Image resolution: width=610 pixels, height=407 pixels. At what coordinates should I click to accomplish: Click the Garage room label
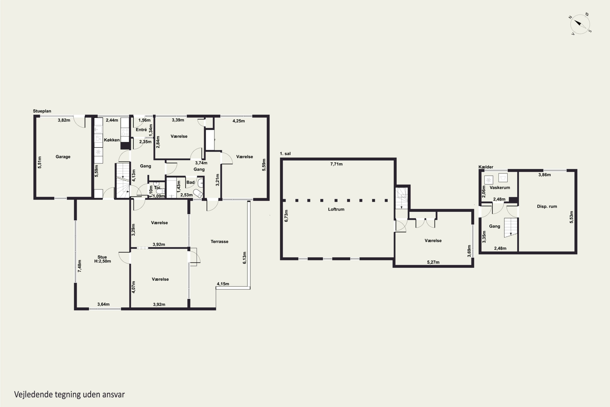pyautogui.click(x=63, y=157)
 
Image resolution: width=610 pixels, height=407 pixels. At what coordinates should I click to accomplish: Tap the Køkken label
pyautogui.click(x=112, y=140)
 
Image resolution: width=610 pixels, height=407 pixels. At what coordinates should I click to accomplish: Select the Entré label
pyautogui.click(x=141, y=129)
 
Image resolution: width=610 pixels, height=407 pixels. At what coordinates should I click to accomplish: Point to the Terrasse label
pyautogui.click(x=219, y=242)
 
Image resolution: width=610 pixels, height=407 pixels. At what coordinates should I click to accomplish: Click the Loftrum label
pyautogui.click(x=336, y=209)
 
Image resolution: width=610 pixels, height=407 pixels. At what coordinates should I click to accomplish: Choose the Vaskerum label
pyautogui.click(x=500, y=188)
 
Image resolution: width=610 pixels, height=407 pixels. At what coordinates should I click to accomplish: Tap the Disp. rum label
pyautogui.click(x=547, y=207)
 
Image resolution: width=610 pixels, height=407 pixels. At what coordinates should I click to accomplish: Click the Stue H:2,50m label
pyautogui.click(x=102, y=259)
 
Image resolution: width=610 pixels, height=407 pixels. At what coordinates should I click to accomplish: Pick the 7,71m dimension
pyautogui.click(x=336, y=164)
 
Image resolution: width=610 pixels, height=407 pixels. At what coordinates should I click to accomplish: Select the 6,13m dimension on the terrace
pyautogui.click(x=245, y=258)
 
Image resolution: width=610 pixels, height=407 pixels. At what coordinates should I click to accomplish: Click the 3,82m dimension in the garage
pyautogui.click(x=64, y=120)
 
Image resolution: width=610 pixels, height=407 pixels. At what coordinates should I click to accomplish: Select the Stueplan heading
pyautogui.click(x=42, y=111)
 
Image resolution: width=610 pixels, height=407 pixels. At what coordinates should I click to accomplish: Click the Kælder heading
pyautogui.click(x=486, y=167)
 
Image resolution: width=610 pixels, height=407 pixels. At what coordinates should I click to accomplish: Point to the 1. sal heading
pyautogui.click(x=285, y=154)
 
